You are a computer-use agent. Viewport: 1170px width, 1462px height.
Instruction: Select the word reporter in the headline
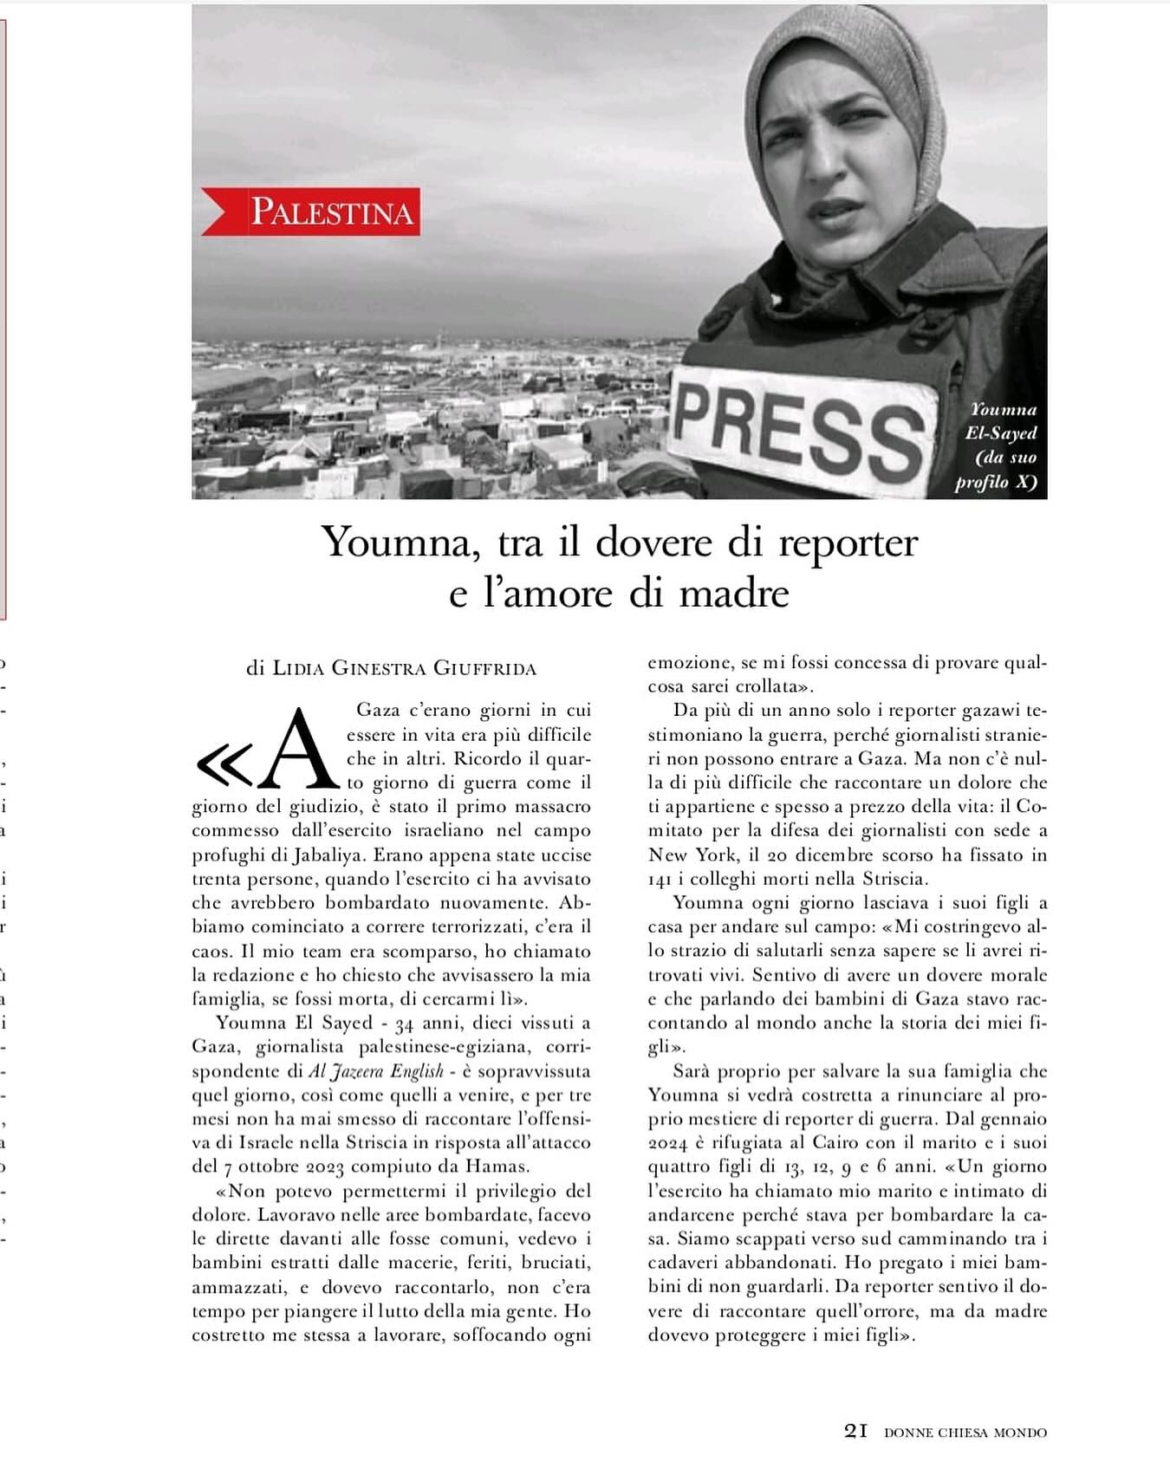point(848,544)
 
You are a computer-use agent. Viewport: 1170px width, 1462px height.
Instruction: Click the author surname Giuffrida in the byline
point(484,668)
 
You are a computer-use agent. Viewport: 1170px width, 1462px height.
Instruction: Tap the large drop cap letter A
point(300,750)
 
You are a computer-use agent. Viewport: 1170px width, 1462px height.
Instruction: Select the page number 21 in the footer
point(855,1431)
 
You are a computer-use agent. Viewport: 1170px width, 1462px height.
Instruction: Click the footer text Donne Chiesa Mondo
point(965,1433)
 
